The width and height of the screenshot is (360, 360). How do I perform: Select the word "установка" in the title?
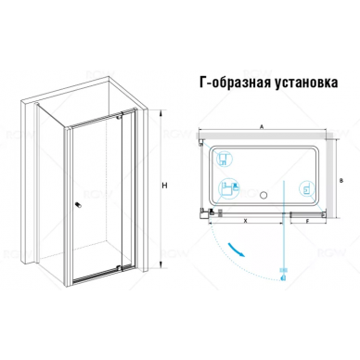(306, 84)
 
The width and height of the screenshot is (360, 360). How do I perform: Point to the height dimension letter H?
(164, 186)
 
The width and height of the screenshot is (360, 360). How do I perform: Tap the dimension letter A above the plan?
(262, 126)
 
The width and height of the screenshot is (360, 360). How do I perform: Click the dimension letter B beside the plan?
(341, 181)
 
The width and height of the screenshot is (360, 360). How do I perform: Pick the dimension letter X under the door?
(246, 221)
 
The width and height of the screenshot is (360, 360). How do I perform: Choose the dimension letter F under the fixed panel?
(307, 221)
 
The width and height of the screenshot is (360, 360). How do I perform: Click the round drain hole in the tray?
(264, 195)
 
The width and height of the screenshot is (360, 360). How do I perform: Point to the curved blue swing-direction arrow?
(237, 250)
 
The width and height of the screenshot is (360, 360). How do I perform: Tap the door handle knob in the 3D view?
(79, 205)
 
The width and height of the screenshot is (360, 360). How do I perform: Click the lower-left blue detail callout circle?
(228, 188)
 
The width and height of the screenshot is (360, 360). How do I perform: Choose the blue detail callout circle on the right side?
(307, 188)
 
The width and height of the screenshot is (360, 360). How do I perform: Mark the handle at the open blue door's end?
(283, 275)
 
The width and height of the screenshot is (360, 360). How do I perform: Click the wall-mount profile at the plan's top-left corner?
(201, 142)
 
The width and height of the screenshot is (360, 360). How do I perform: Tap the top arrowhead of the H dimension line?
(161, 113)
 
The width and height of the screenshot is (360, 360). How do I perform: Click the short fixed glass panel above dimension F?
(307, 213)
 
